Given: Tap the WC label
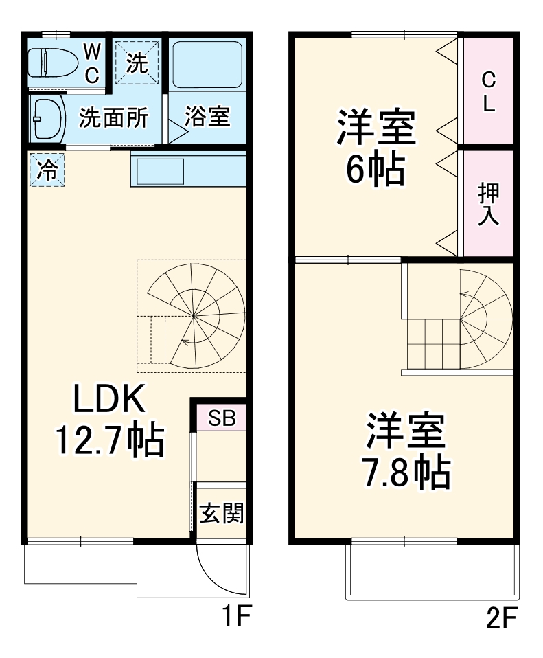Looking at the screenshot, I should pyautogui.click(x=92, y=62).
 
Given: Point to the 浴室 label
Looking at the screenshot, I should pyautogui.click(x=207, y=117).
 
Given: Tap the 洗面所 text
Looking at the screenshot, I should pyautogui.click(x=113, y=118).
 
